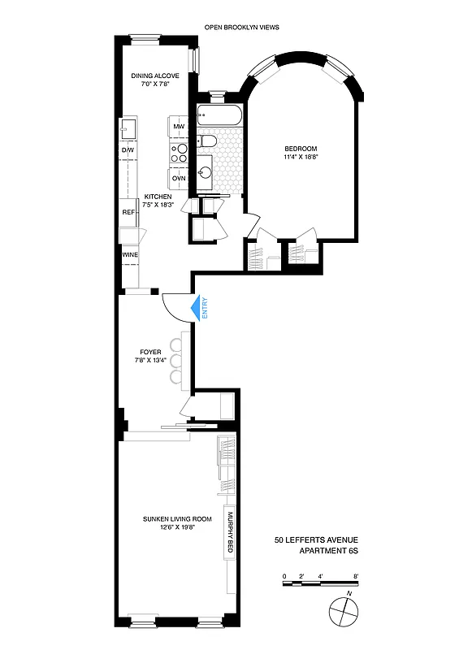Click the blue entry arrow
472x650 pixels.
coord(196,310)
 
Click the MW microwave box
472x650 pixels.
coord(179,128)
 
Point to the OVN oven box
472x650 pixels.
coord(179,178)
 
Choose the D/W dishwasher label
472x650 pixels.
coord(128,150)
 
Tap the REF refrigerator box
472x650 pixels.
coord(128,211)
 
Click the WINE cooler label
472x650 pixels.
coord(128,254)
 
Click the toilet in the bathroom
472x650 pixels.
coord(208,143)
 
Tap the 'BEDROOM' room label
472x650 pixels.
coord(300,148)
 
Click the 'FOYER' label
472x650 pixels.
coord(151,352)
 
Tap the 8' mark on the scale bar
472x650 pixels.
coord(356,576)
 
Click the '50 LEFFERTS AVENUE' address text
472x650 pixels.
coord(316,539)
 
